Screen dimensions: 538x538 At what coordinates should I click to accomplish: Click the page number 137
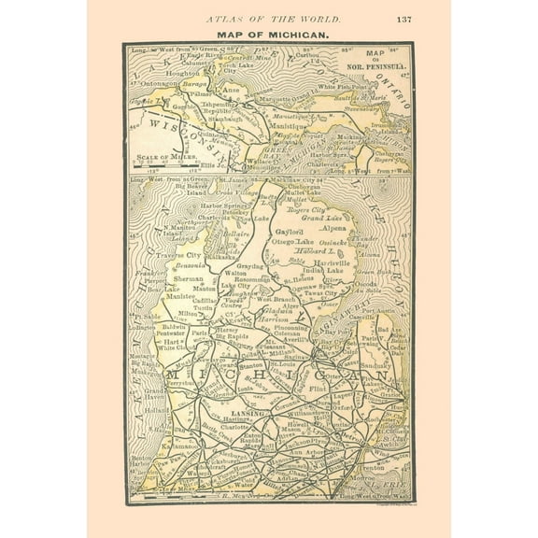click(x=403, y=19)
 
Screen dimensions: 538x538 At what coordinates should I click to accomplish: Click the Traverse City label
click(x=182, y=253)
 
